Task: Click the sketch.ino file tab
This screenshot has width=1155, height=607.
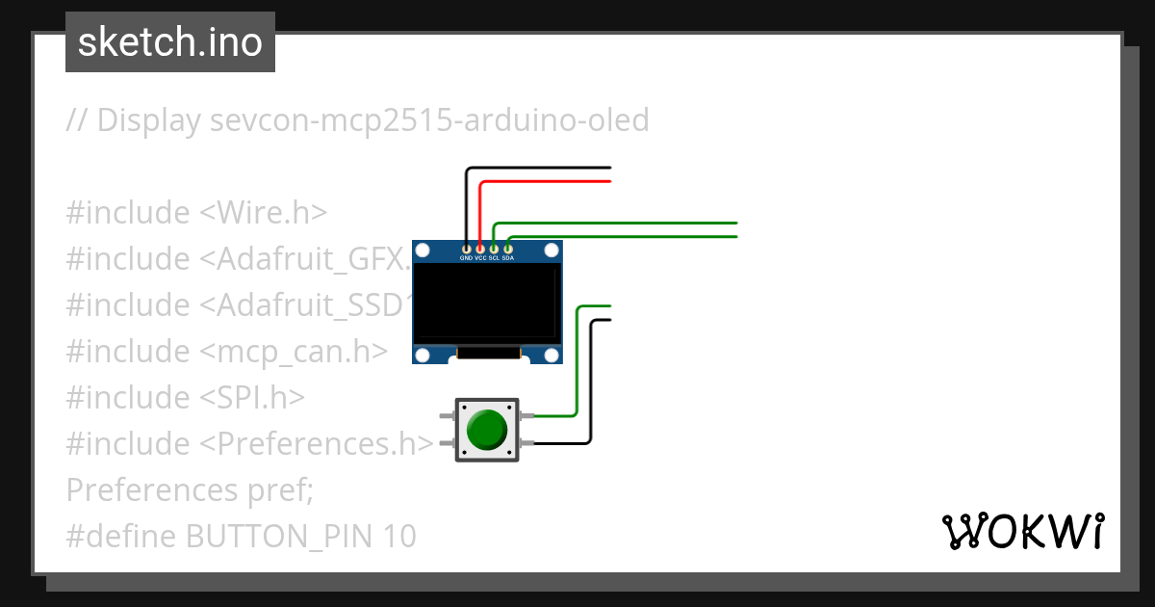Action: pyautogui.click(x=169, y=42)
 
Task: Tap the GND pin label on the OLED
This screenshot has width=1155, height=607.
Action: pyautogui.click(x=466, y=258)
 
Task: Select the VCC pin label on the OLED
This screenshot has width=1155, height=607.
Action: pyautogui.click(x=480, y=258)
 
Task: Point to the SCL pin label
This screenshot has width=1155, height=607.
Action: pyautogui.click(x=494, y=258)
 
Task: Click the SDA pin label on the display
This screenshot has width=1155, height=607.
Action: pyautogui.click(x=508, y=258)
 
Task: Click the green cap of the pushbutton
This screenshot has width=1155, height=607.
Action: pyautogui.click(x=487, y=429)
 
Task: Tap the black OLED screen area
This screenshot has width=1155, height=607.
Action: pyautogui.click(x=486, y=302)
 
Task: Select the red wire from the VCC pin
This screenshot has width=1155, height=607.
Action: pyautogui.click(x=544, y=181)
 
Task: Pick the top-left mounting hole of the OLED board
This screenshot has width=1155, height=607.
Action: pyautogui.click(x=421, y=251)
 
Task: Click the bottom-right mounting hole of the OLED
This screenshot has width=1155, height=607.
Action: pyautogui.click(x=552, y=356)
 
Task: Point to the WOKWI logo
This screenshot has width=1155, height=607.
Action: pyautogui.click(x=1022, y=531)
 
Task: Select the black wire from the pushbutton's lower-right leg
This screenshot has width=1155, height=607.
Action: pyautogui.click(x=591, y=385)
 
